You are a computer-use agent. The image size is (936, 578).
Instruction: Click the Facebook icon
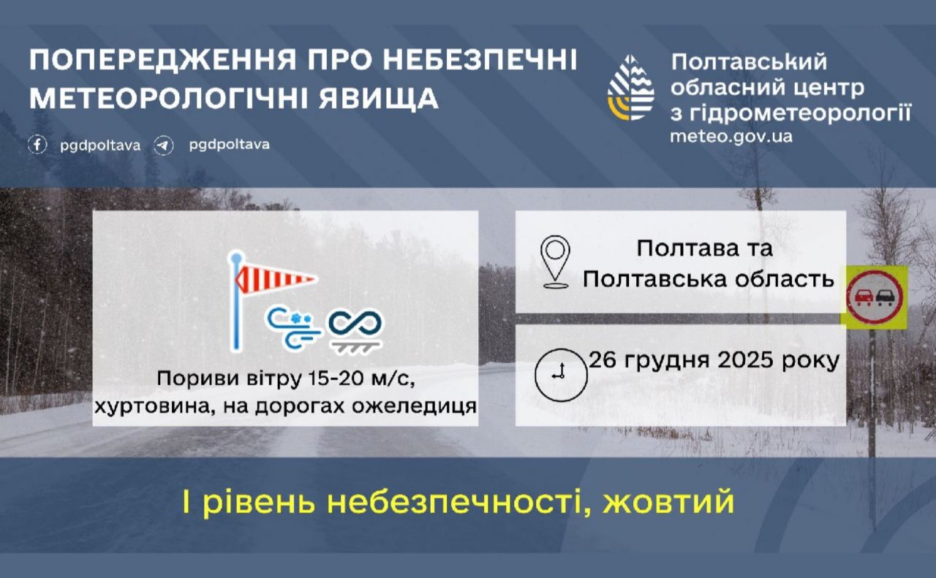pos(38,145)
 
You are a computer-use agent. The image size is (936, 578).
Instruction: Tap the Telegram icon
pos(164,145)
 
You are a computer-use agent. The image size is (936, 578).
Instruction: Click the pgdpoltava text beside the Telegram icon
pos(229,145)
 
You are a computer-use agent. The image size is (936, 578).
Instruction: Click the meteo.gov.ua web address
pos(731,136)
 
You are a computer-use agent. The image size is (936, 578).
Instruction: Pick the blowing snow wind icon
pos(293,325)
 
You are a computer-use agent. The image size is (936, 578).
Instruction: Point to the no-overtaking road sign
pos(875,297)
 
